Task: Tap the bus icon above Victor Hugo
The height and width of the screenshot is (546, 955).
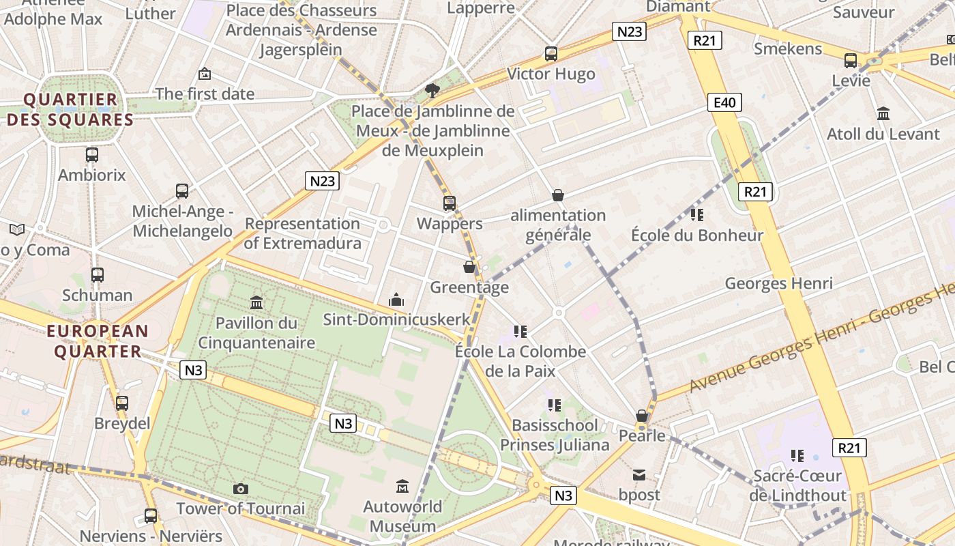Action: point(551,53)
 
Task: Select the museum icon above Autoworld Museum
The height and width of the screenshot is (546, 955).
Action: point(402,487)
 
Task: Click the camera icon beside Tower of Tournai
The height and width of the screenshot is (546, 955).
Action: point(240,489)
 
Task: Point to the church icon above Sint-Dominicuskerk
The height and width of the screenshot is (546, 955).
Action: point(396,300)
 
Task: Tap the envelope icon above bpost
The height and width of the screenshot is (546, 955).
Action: point(639,474)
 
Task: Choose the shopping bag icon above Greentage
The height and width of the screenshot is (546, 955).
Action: point(469,267)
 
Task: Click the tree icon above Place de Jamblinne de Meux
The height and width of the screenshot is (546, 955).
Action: point(432,90)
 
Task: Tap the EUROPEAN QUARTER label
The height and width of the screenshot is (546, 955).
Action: point(97,341)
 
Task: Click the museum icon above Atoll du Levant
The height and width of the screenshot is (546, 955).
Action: point(883,113)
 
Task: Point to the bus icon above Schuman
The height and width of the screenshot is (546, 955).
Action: point(98,275)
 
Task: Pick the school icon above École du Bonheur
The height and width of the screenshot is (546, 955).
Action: point(696,215)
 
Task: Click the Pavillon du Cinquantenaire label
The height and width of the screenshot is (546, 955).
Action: point(256,332)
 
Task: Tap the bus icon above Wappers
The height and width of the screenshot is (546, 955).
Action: point(449,203)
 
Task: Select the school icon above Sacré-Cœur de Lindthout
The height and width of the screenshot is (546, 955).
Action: point(797,455)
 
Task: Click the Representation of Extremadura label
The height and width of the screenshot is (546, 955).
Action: point(302,233)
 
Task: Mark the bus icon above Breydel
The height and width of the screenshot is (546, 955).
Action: point(122,403)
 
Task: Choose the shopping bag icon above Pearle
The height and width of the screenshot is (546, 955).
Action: point(642,415)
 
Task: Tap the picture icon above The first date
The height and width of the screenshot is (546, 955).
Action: point(204,74)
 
